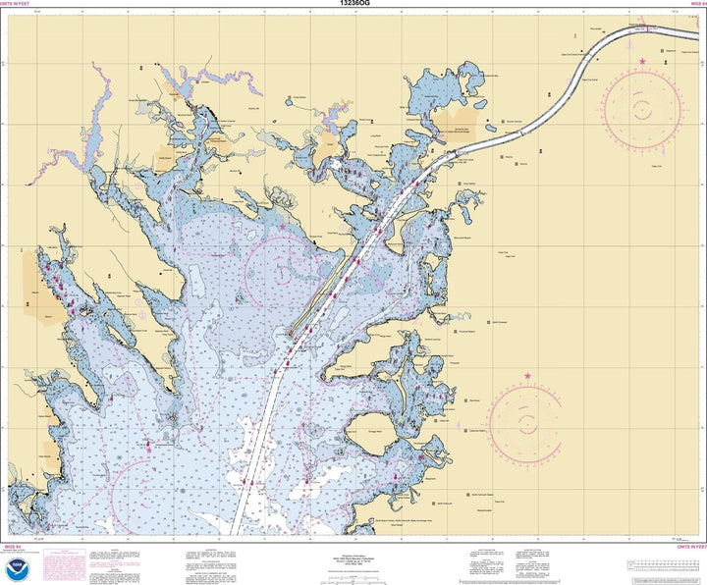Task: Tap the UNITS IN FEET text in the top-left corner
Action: coord(22,4)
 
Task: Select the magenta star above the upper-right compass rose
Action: coord(642,62)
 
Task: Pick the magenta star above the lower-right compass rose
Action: coord(528,376)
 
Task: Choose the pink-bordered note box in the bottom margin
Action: coord(71,563)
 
